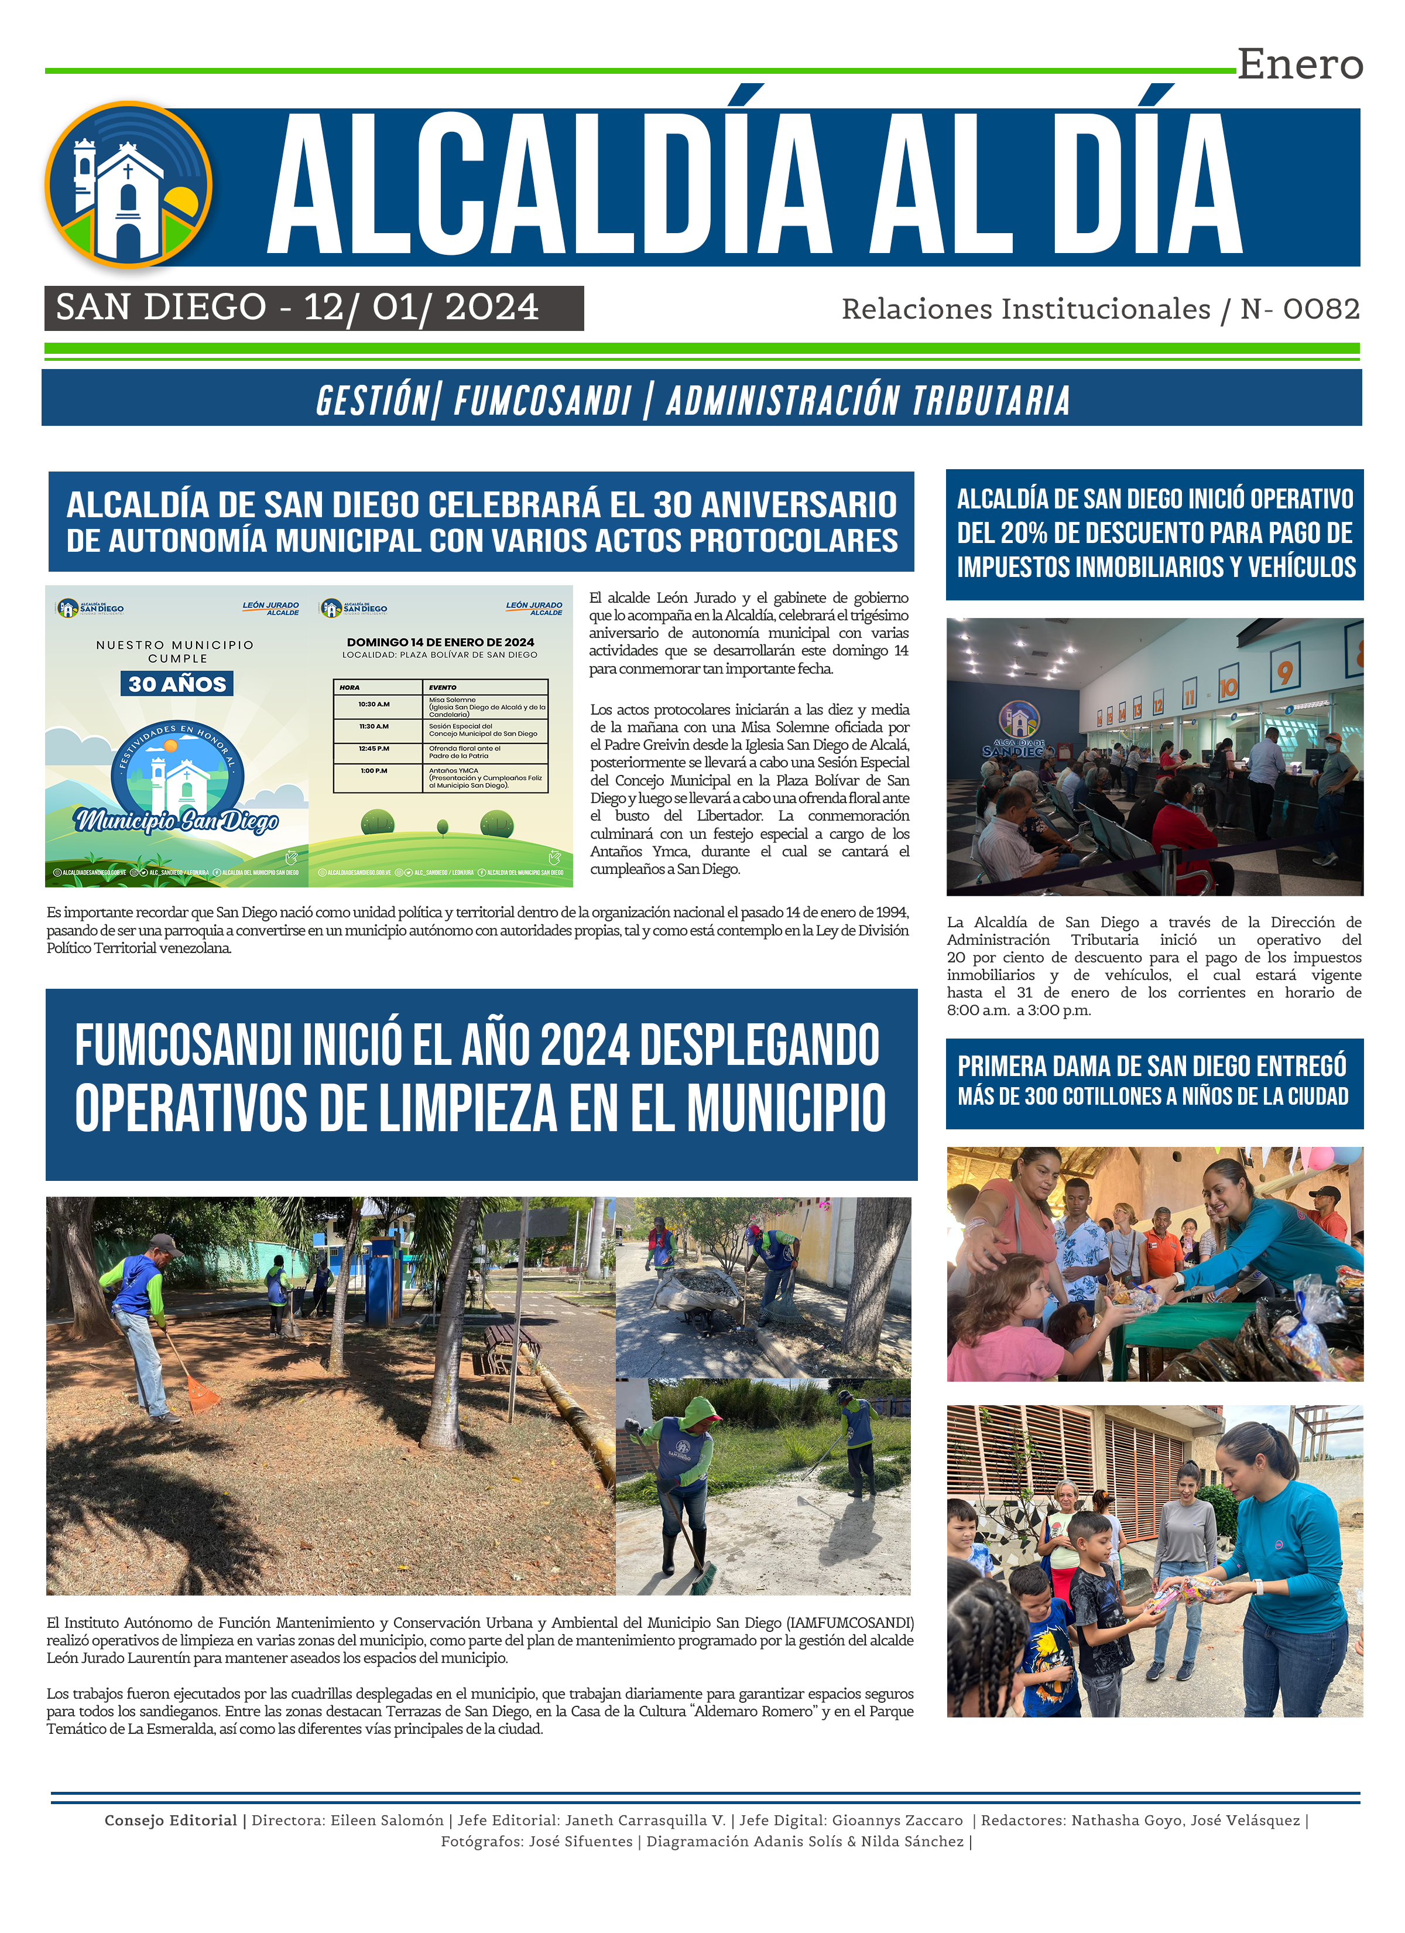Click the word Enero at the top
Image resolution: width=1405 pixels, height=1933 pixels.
pos(1300,65)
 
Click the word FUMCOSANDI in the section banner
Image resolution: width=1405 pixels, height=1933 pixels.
pos(542,401)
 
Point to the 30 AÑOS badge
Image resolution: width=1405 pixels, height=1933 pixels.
pos(177,684)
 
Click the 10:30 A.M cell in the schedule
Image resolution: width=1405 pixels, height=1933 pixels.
pos(374,705)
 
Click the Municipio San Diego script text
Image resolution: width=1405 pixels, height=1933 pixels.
pos(177,821)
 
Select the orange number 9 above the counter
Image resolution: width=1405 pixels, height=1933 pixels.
pos(1284,672)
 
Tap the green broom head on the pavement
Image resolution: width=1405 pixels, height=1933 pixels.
pos(702,1583)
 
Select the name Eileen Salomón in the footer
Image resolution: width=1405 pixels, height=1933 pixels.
pos(387,1821)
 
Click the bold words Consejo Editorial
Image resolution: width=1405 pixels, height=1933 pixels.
pos(170,1821)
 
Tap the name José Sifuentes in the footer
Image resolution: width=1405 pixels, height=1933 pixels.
pos(580,1842)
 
